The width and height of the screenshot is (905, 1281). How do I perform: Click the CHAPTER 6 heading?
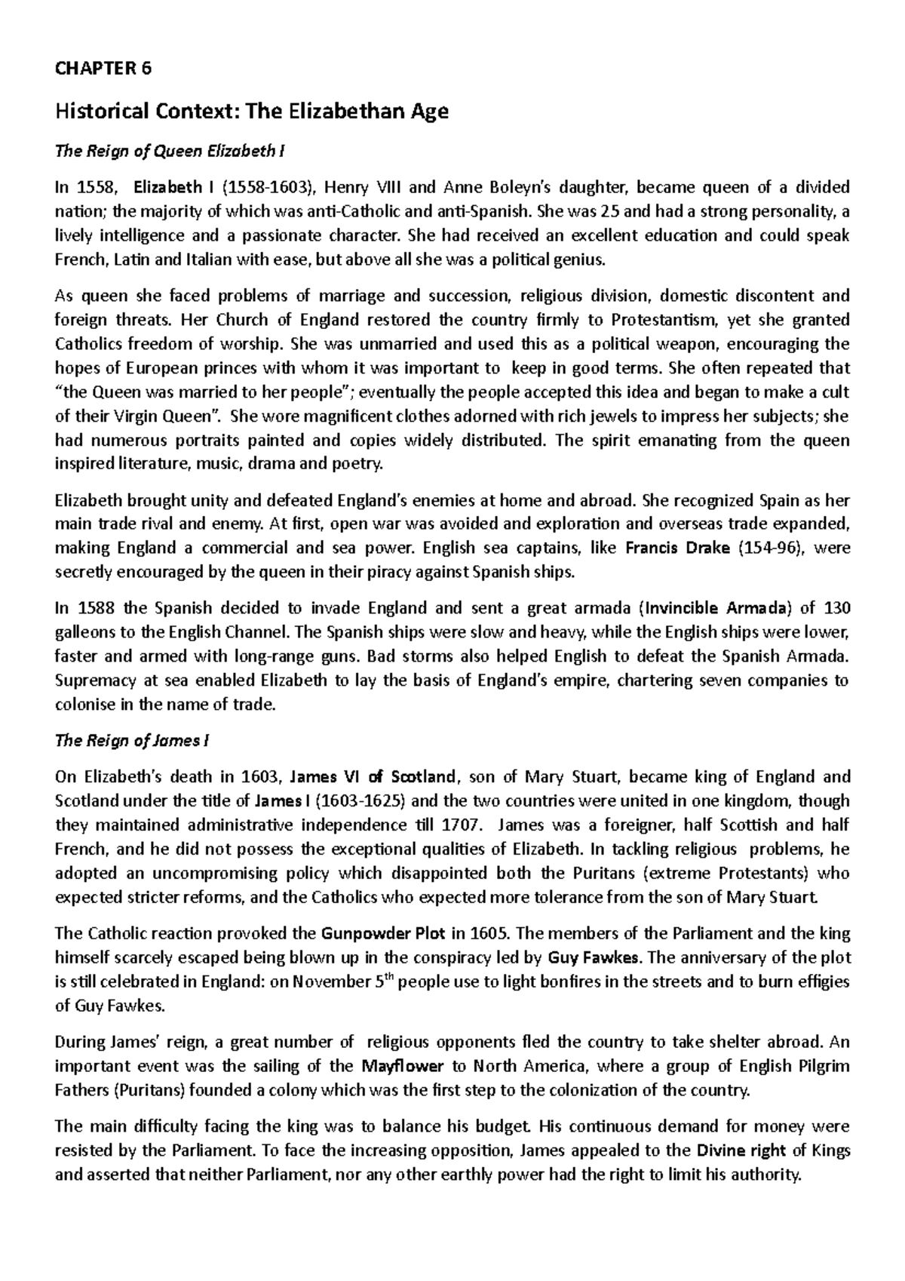[103, 69]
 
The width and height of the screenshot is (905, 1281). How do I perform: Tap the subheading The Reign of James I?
[132, 741]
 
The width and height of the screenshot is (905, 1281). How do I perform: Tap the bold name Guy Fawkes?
[594, 958]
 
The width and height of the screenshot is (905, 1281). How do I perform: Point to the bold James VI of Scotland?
[373, 777]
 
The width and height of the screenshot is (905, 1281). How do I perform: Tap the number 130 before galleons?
[836, 608]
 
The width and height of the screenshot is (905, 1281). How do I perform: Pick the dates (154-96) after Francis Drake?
[772, 548]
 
